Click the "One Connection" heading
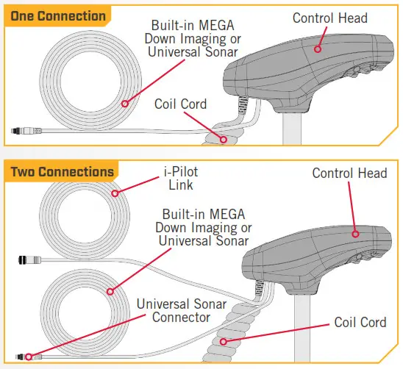58,16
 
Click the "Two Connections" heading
63,172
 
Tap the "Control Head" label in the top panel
330,18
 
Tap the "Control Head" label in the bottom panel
349,173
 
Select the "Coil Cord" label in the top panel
180,104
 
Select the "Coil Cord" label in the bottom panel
360,322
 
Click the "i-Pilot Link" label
181,179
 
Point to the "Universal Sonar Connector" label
182,311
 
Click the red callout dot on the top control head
318,49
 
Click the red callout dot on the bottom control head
355,234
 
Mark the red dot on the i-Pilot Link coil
115,193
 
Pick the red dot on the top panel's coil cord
224,140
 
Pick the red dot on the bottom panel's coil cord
224,342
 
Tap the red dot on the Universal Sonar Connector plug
29,357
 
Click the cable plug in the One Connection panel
26,131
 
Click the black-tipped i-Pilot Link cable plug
29,260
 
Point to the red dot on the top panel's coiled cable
125,104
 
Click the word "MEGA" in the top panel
216,26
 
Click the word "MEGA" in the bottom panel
227,215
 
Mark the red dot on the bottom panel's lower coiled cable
110,292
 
